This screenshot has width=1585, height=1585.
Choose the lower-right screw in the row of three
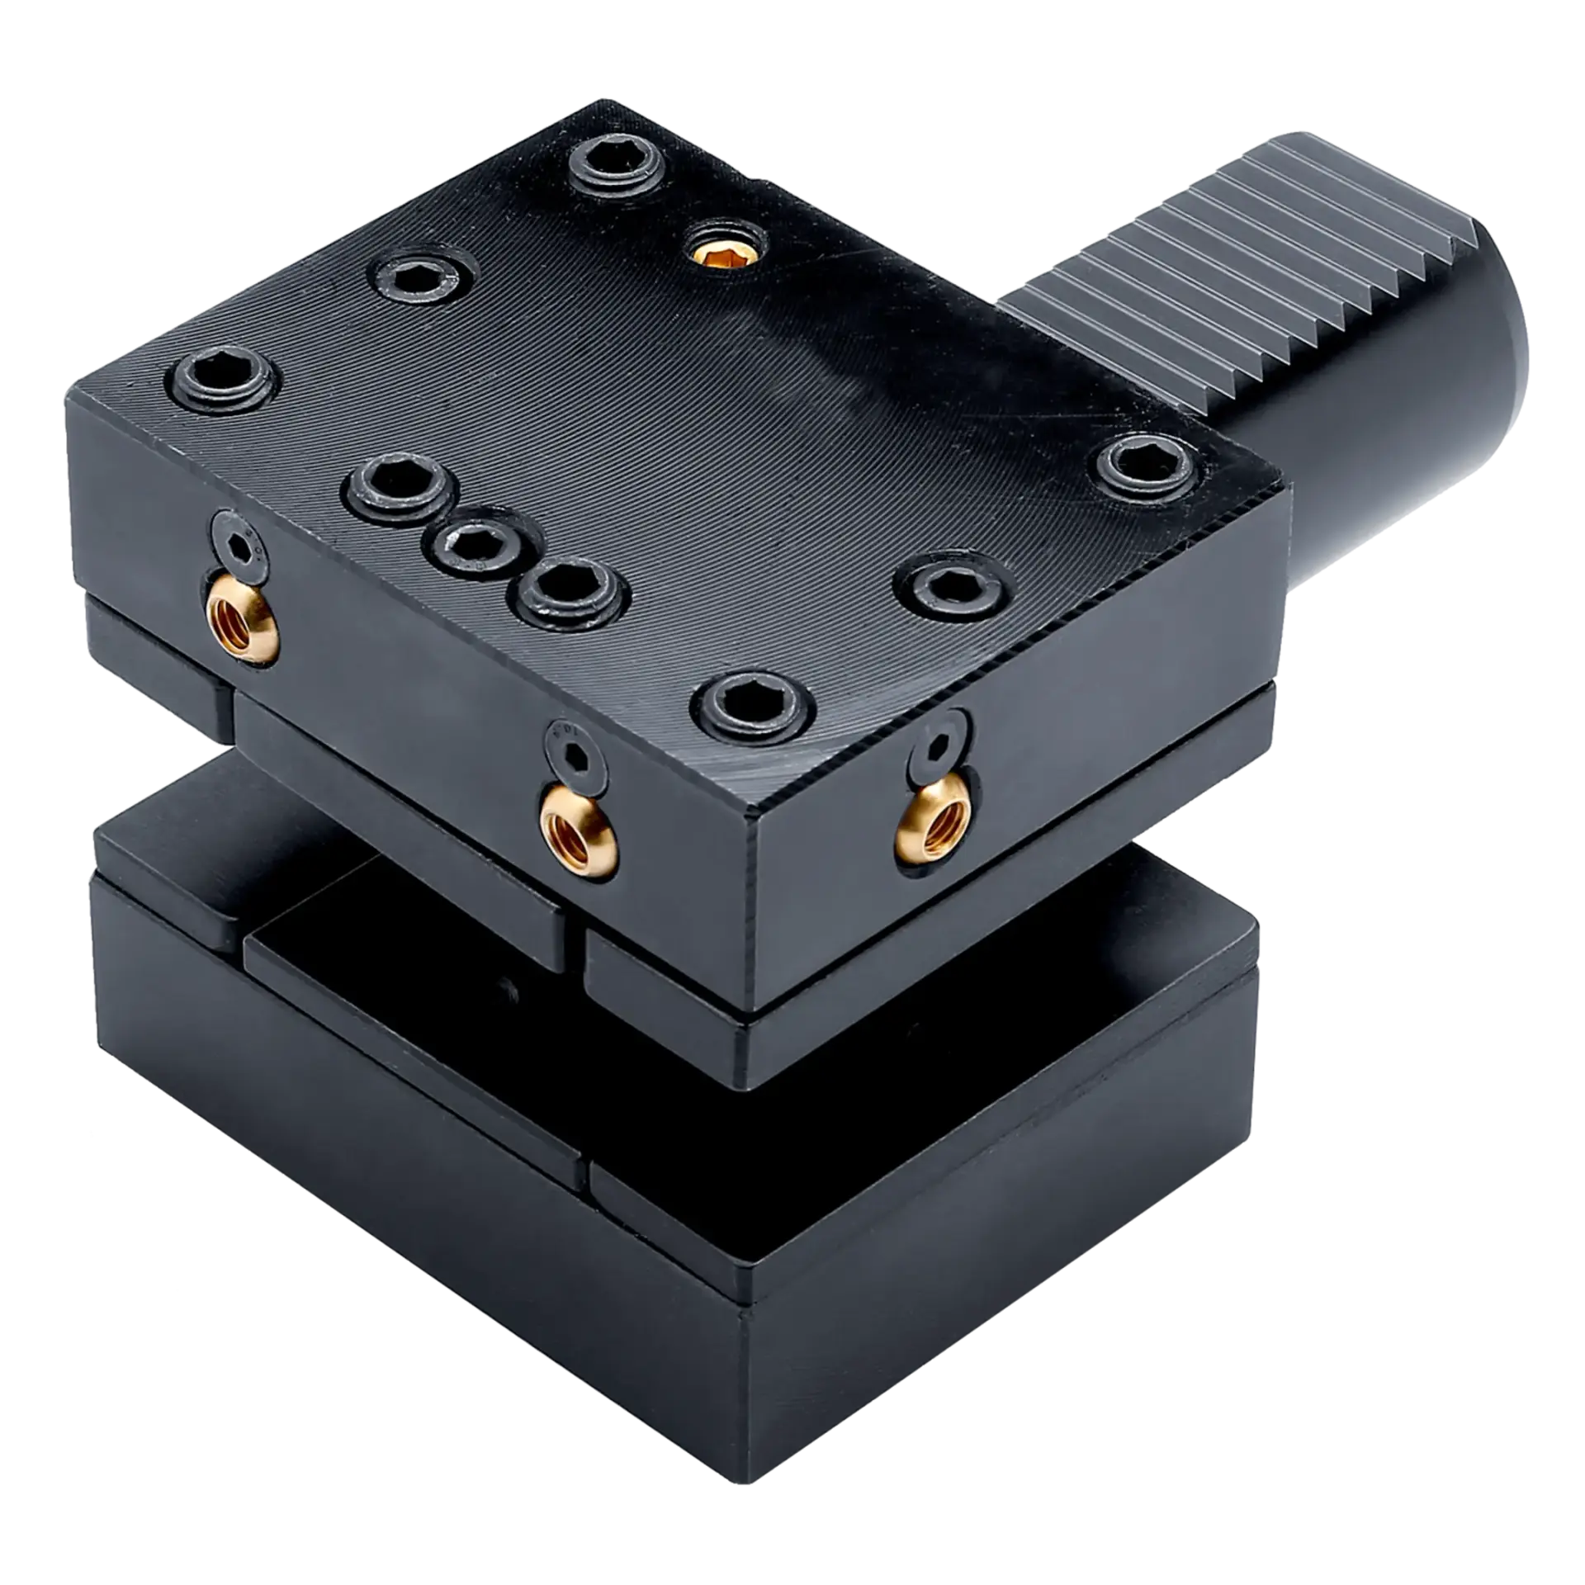[x=575, y=591]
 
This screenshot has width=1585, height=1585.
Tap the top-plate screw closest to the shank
[x=1147, y=466]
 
